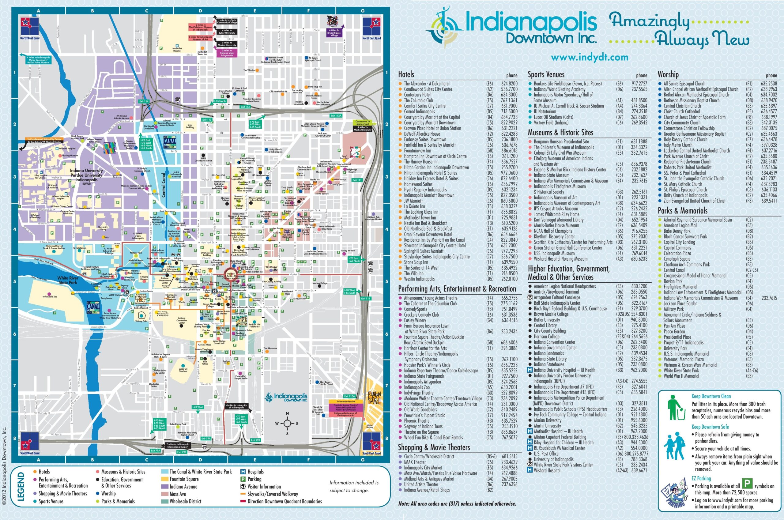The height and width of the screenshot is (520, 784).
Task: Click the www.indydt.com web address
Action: pyautogui.click(x=589, y=57)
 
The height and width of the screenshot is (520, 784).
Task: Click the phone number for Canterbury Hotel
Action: pyautogui.click(x=509, y=95)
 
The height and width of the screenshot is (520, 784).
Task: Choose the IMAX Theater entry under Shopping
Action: pyautogui.click(x=415, y=462)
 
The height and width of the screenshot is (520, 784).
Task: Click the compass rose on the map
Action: pyautogui.click(x=287, y=424)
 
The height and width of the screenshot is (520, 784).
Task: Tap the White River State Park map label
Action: pyautogui.click(x=68, y=280)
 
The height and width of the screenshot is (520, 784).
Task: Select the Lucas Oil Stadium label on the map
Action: pyautogui.click(x=183, y=370)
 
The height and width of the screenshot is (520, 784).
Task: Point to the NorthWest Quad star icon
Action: pyautogui.click(x=30, y=26)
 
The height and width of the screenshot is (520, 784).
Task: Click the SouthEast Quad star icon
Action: pyautogui.click(x=371, y=441)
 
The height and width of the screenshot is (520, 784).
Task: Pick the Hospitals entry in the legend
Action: pyautogui.click(x=255, y=472)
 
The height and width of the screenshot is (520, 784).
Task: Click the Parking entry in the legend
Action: pyautogui.click(x=254, y=479)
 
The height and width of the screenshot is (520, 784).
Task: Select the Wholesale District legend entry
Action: pyautogui.click(x=185, y=501)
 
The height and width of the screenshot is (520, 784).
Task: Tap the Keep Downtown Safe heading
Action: pyautogui.click(x=710, y=427)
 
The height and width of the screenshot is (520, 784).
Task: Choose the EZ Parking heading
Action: pyautogui.click(x=701, y=478)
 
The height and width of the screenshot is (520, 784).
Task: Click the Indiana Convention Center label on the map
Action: pyautogui.click(x=182, y=321)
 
